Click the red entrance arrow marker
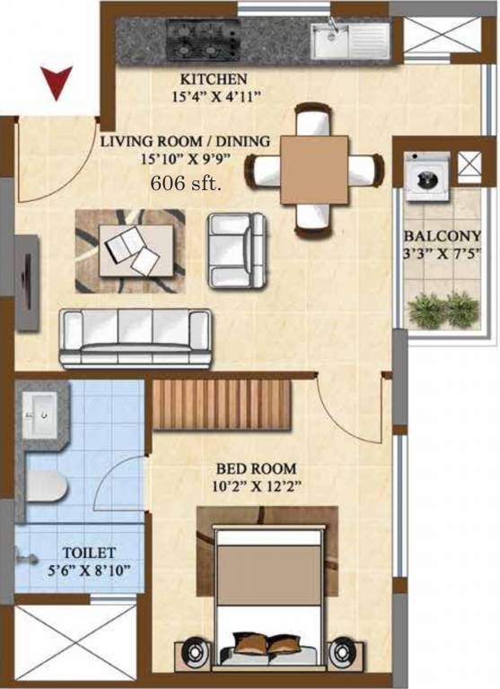tap(57, 84)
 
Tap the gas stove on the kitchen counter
tap(204, 39)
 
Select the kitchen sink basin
tap(329, 40)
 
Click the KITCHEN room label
tap(214, 79)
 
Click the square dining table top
tap(313, 169)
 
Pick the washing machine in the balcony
tap(420, 176)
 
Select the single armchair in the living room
tap(236, 250)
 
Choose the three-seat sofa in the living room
tap(136, 338)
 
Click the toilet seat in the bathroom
tap(45, 487)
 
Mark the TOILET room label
tap(87, 553)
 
